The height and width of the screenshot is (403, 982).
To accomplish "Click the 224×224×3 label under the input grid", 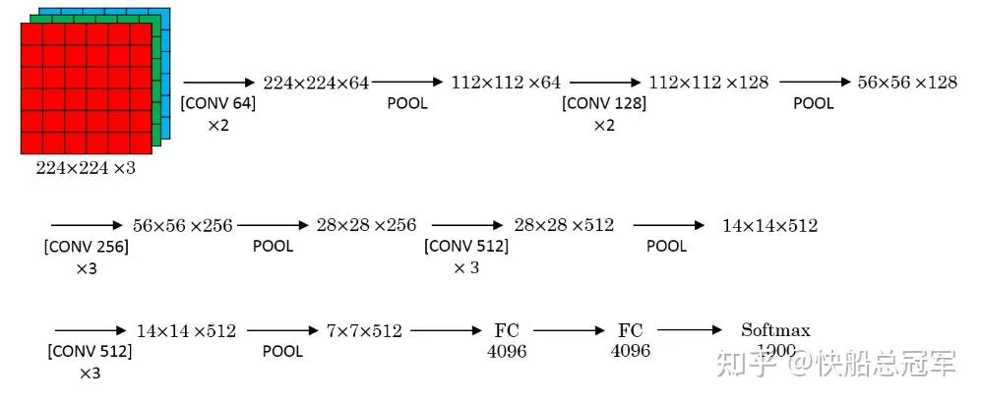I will tap(86, 168).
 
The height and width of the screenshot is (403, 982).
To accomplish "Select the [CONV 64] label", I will tap(217, 103).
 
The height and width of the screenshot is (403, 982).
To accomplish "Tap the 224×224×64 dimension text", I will tap(316, 84).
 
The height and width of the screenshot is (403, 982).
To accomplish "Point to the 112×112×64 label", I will tap(506, 84).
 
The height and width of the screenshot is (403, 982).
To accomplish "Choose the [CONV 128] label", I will tap(604, 103).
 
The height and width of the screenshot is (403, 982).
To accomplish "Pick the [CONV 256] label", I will tap(87, 246).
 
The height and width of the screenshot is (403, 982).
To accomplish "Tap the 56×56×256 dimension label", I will tap(183, 226).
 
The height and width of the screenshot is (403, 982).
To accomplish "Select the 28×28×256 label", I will tap(366, 226).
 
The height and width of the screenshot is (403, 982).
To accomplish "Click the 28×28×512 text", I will tap(564, 226).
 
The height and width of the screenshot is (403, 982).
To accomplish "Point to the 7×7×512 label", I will tap(364, 332).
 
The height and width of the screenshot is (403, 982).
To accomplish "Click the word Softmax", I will tap(775, 330).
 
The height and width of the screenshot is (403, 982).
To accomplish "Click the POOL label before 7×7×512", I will tap(282, 352).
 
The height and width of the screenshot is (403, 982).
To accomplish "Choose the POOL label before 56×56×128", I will tap(814, 103).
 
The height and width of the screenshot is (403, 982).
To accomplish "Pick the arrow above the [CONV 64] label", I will tap(217, 84).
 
